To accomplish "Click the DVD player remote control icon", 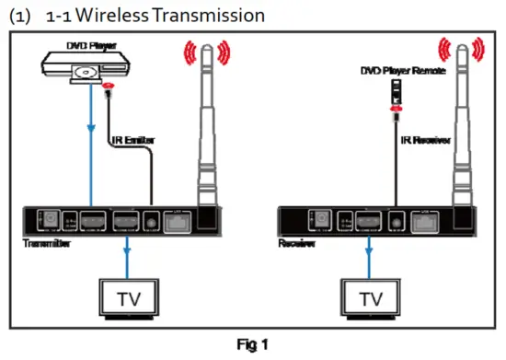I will pyautogui.click(x=396, y=89).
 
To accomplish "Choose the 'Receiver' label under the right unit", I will pyautogui.click(x=296, y=243).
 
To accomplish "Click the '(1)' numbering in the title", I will pyautogui.click(x=19, y=16).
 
